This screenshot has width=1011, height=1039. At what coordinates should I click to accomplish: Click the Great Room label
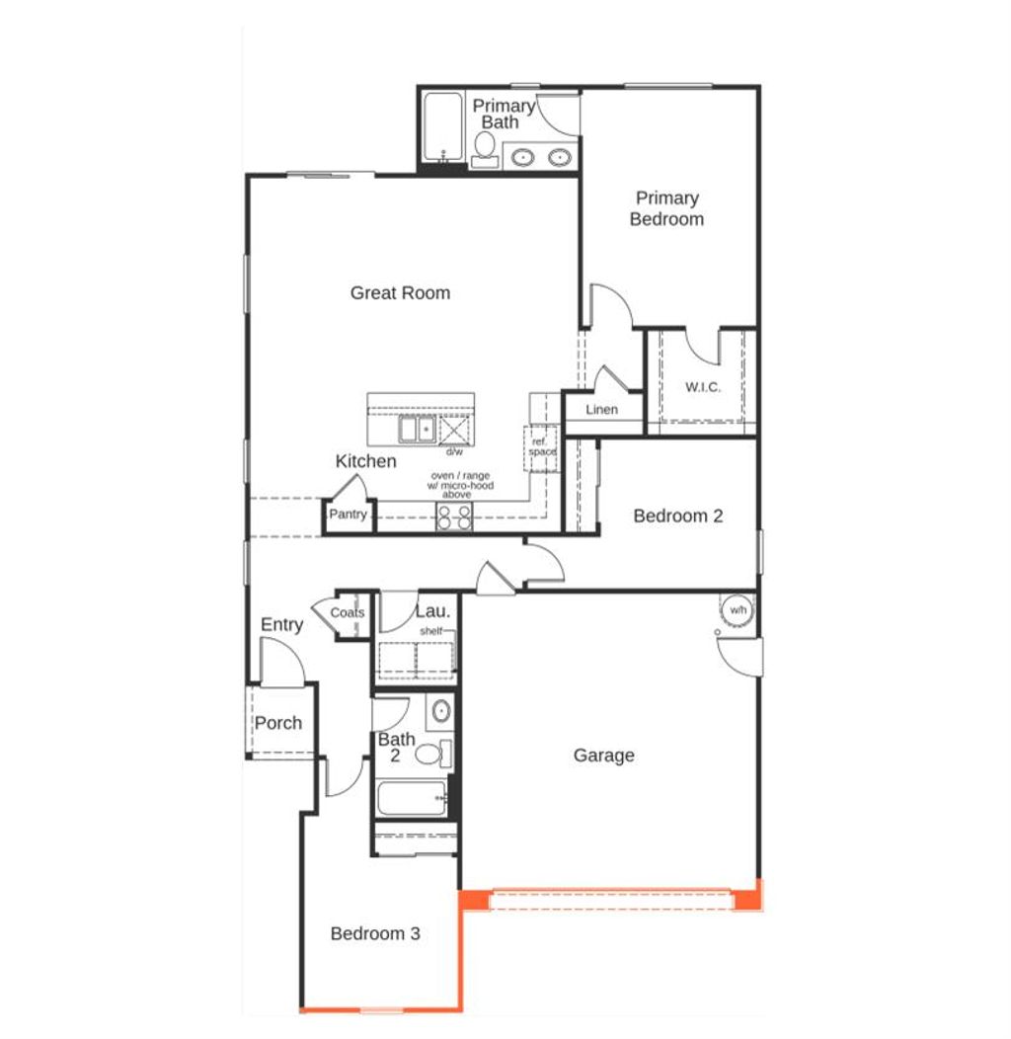400,292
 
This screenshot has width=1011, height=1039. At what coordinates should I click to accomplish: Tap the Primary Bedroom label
666,208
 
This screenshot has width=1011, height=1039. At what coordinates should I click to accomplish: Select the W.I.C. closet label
703,386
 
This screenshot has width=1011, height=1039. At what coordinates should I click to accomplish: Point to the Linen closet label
601,410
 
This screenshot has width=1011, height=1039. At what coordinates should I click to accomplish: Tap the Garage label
603,756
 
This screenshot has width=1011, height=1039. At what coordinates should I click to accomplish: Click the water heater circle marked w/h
737,610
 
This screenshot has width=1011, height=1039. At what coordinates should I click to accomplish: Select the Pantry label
348,515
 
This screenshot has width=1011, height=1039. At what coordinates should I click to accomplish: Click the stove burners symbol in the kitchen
454,517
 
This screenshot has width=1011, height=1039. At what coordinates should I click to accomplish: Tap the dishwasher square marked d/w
454,432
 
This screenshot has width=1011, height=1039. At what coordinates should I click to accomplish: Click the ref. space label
541,446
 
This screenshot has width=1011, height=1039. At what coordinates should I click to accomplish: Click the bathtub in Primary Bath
441,125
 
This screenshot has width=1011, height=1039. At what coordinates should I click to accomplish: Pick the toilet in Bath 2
430,755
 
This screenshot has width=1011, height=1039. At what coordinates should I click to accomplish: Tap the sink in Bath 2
441,710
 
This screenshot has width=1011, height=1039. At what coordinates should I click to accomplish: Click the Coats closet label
348,612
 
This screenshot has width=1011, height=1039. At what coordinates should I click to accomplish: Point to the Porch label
278,723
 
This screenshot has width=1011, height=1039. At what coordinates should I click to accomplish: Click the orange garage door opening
611,900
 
